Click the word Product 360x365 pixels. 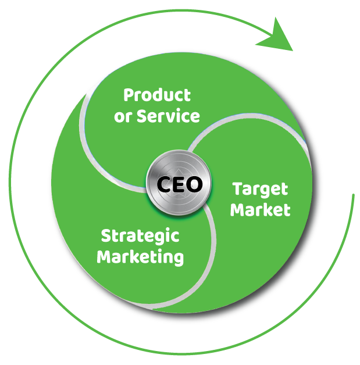pos(157,95)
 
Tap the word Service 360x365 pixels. pos(168,116)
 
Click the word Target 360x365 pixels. pos(260,189)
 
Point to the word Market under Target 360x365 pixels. pos(260,209)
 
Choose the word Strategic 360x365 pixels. pos(140,236)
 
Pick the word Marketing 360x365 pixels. pos(140,256)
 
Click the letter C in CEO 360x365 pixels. pos(165,185)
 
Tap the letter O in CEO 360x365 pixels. pos(194,185)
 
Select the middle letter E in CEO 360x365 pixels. pos(179,185)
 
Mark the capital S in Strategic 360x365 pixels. pos(106,235)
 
